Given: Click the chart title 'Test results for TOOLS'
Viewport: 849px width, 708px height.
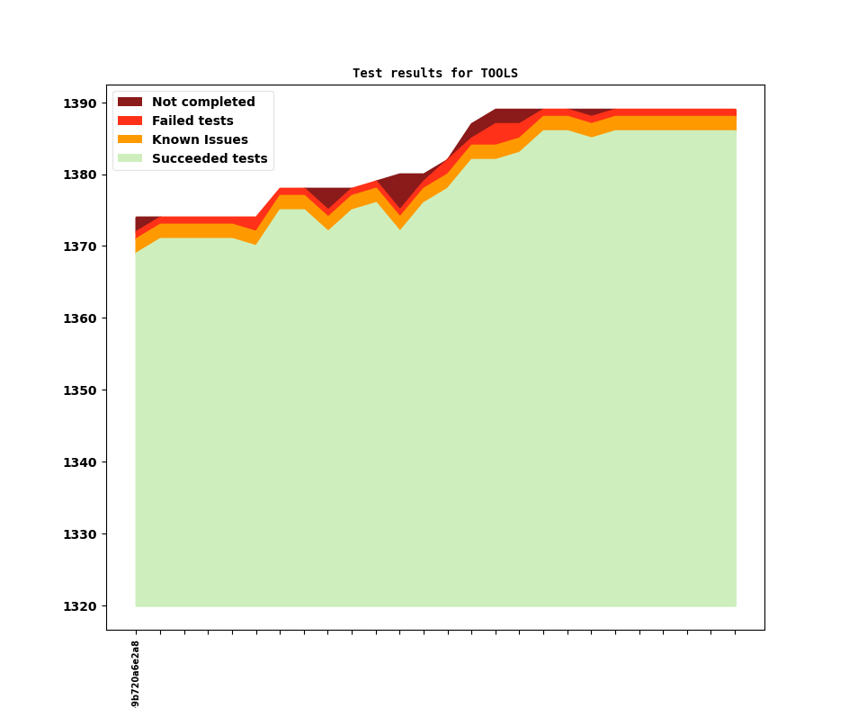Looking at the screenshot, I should pos(434,73).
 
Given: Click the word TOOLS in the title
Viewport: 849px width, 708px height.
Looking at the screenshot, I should pos(499,73).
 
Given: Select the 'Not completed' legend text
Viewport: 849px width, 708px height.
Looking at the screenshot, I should pos(203,103).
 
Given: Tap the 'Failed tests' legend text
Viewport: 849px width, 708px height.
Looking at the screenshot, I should pos(192,121).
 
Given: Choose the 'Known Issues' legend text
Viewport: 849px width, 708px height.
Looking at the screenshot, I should pos(200,140).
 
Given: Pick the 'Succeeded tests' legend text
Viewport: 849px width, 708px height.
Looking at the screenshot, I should pos(210,159).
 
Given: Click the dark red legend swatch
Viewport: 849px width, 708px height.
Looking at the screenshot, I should pos(130,103).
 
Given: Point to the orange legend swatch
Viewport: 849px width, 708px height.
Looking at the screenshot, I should pos(130,140).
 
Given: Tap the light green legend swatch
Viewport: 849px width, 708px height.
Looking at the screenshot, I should pos(130,159).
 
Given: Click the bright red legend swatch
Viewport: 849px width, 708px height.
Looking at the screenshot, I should pos(130,121).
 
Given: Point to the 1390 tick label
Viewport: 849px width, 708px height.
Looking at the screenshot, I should pos(79,103).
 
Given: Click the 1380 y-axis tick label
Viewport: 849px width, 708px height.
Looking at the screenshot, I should pos(79,175).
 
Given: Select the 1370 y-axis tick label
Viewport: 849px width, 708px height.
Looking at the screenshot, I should pos(79,247).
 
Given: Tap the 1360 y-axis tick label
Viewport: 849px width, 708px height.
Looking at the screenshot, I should pos(79,319).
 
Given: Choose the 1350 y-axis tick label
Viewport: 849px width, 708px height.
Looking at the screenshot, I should pos(79,391).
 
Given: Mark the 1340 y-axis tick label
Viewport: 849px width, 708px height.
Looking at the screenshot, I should pos(79,463).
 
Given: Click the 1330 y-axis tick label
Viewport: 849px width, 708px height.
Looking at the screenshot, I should pos(79,535).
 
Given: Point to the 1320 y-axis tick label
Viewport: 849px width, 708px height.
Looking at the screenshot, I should pos(79,607).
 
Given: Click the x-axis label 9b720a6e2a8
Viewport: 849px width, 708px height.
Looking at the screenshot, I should pos(136,673).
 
